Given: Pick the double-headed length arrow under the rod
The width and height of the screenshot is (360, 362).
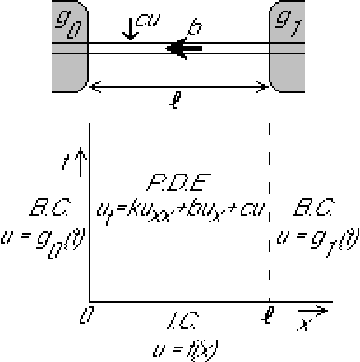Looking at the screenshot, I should coord(179,87).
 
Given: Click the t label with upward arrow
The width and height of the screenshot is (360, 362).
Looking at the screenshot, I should coord(81,167).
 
